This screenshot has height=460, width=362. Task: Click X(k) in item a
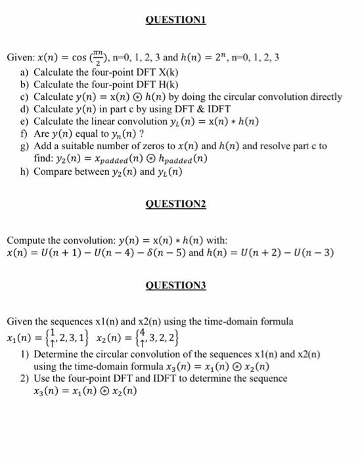point(166,72)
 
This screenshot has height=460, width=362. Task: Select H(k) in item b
point(166,84)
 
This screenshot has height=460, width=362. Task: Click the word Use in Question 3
point(42,379)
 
